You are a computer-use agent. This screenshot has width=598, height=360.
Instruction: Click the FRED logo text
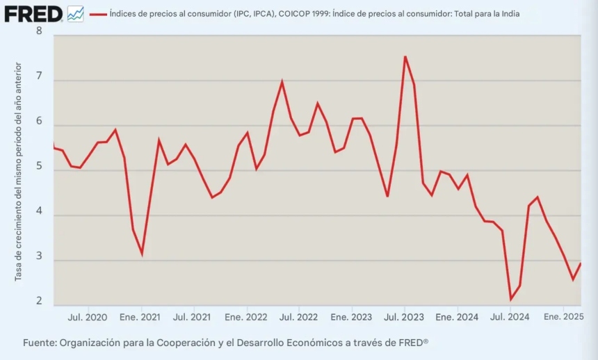tap(33, 13)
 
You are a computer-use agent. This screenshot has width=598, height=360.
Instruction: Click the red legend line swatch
tap(98, 14)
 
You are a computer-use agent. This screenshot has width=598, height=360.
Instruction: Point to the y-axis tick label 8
tap(39, 31)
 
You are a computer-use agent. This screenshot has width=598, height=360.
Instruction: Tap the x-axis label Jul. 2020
tap(88, 317)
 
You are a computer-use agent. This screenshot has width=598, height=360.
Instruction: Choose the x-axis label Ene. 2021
tap(140, 317)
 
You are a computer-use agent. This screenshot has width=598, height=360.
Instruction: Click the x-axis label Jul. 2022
tap(298, 317)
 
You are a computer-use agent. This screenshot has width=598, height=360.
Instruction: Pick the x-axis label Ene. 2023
tap(350, 317)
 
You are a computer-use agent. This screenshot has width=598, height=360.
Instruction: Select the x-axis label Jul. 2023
tap(403, 317)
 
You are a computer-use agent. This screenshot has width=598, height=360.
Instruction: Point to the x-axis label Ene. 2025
tap(563, 317)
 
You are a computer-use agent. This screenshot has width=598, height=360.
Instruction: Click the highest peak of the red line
tap(405, 57)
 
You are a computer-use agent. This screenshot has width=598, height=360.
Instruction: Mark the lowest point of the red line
tap(511, 300)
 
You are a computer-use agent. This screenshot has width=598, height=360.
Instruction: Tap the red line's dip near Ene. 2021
tap(142, 254)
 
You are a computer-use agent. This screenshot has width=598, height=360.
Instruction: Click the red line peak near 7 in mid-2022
tap(282, 82)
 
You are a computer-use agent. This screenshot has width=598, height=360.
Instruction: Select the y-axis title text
tap(19, 172)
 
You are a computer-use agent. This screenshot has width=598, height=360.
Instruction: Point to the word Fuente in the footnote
tap(39, 343)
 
